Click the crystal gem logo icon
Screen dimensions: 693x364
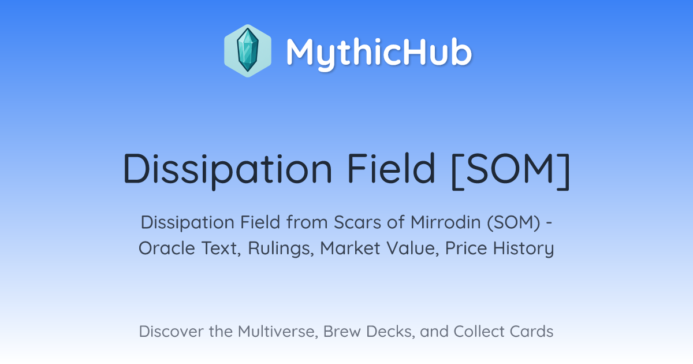tap(248, 51)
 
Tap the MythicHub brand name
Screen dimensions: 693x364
tap(379, 53)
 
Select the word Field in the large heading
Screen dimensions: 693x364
tap(392, 168)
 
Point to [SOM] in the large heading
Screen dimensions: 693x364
tap(511, 171)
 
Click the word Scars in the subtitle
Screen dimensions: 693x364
tap(357, 222)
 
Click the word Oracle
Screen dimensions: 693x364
tap(167, 248)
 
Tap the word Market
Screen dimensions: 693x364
tap(350, 248)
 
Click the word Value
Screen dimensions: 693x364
tap(412, 248)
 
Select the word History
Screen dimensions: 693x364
tap(523, 249)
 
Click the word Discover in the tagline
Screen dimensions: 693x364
tap(171, 332)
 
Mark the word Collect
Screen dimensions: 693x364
tap(478, 332)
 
